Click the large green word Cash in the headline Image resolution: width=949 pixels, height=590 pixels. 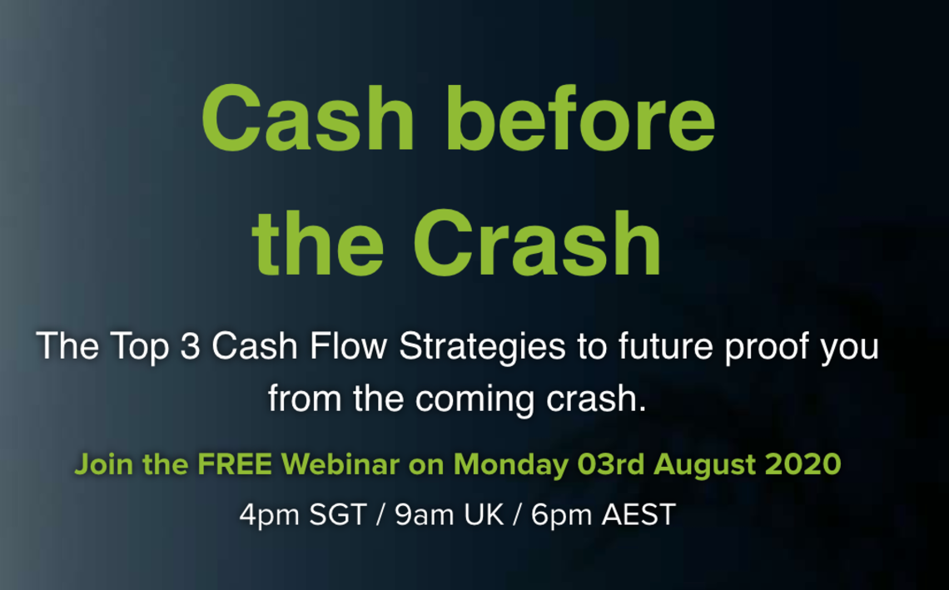[x=308, y=118]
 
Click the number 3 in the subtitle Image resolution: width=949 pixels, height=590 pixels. [x=190, y=347]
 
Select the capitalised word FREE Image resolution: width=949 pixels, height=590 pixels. [x=234, y=464]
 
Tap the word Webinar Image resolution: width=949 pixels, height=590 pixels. [x=340, y=464]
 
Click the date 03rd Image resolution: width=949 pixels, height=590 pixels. [x=611, y=464]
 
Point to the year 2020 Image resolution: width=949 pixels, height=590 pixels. [x=803, y=464]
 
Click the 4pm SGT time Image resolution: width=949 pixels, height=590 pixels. [x=303, y=516]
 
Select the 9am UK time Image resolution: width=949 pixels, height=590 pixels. [x=449, y=516]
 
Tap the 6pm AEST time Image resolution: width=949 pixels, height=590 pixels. [x=603, y=516]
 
